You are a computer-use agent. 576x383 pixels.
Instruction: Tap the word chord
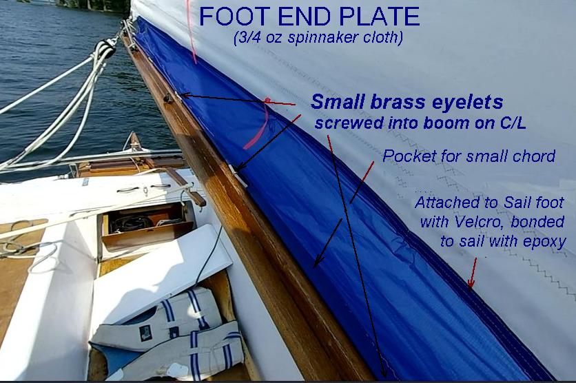tap(533, 156)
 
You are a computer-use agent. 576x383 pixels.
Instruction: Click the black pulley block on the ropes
tap(104, 50)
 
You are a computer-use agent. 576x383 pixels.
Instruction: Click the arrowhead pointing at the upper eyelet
tap(185, 95)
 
